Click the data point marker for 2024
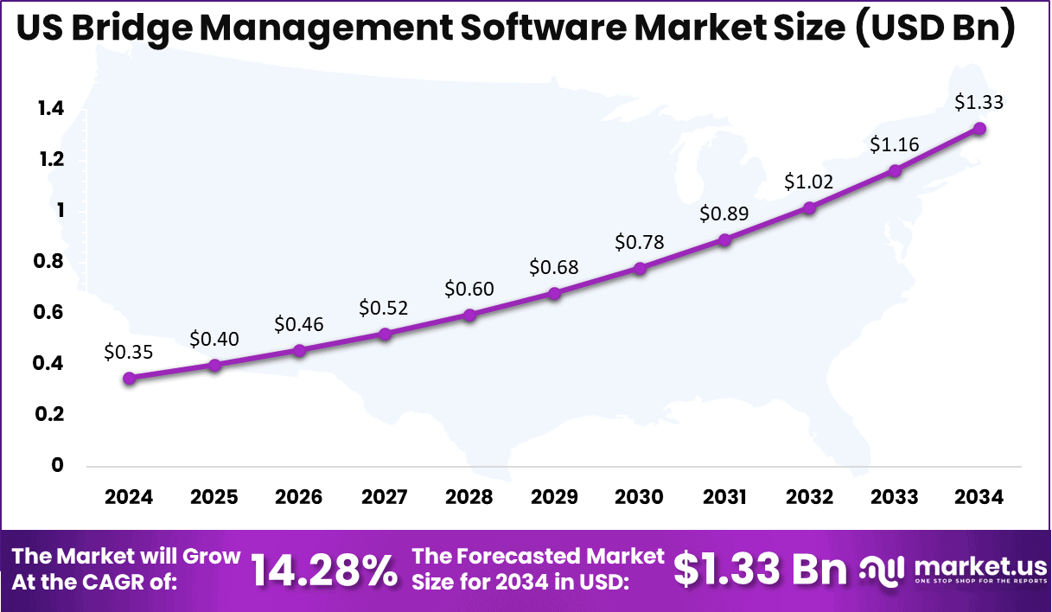pos(129,378)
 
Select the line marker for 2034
pos(979,129)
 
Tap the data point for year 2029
pos(554,294)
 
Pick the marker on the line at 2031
pos(724,240)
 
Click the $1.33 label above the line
pos(979,102)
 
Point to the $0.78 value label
pos(640,242)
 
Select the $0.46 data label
pos(299,324)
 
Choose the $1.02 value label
pos(809,182)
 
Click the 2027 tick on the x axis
pos(384,497)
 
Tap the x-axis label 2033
pos(895,497)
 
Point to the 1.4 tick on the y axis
pos(50,109)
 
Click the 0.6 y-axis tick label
pos(50,312)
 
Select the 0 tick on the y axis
pos(58,465)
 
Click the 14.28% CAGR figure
pos(324,570)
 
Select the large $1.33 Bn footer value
pos(760,570)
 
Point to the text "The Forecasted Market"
pos(539,556)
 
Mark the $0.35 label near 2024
pos(129,352)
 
